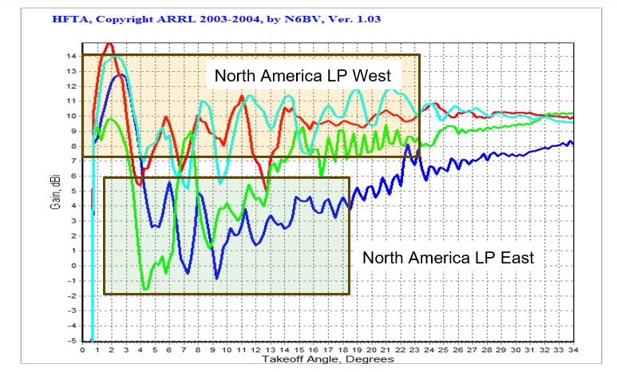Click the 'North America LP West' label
[x=301, y=76]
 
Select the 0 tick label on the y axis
[x=73, y=266]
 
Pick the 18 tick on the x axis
[x=348, y=350]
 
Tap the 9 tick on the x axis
[x=213, y=350]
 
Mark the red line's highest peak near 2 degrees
[x=109, y=44]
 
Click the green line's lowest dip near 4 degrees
[x=144, y=288]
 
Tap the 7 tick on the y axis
[x=73, y=160]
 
